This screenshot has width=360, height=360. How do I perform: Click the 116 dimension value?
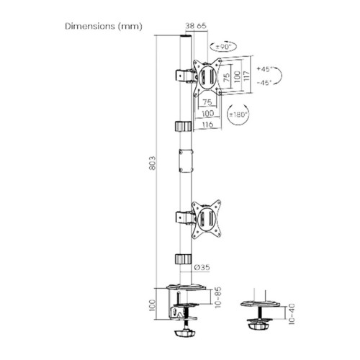[209, 125]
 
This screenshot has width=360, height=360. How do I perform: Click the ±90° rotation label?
[225, 47]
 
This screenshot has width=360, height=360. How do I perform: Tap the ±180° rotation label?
[237, 114]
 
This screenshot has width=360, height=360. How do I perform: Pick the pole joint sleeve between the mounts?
[184, 159]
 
